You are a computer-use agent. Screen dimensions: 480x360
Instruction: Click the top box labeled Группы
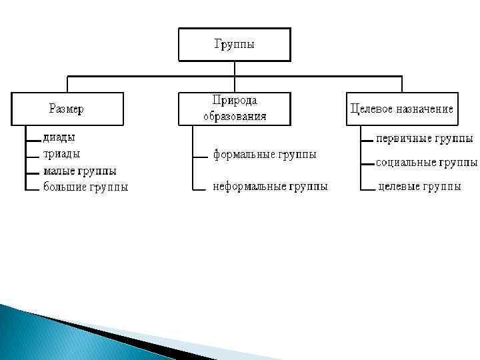[x=234, y=45]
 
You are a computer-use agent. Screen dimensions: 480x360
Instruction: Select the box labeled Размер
[x=67, y=109]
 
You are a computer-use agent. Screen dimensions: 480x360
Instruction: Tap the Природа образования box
[x=234, y=108]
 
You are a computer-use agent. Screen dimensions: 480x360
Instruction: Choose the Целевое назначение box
[x=401, y=109]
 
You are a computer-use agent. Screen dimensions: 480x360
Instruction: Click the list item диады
[x=59, y=137]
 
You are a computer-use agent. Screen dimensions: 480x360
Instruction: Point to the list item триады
[x=61, y=153]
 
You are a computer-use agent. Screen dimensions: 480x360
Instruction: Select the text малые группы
[x=79, y=171]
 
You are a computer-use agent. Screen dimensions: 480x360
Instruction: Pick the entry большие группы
[x=85, y=187]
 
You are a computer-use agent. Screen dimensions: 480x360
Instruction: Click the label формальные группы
[x=265, y=155]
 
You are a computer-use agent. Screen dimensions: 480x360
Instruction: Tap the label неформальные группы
[x=270, y=187]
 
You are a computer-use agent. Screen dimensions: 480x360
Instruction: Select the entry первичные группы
[x=425, y=139]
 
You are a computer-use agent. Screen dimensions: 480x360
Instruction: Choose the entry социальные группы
[x=427, y=162]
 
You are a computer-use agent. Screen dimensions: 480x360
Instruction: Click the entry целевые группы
[x=419, y=187]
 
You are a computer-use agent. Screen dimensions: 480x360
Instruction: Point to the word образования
[x=235, y=115]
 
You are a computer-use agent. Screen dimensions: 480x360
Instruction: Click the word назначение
[x=425, y=109]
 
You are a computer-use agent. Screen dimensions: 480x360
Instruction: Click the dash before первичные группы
[x=366, y=141]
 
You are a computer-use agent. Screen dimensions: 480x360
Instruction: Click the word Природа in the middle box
[x=235, y=100]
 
